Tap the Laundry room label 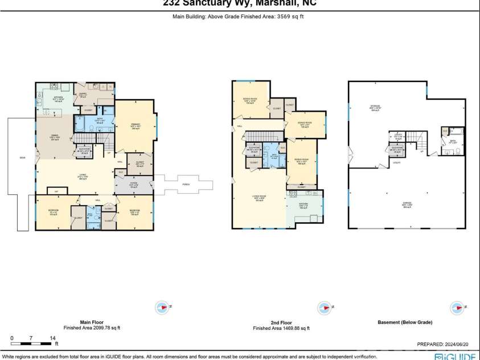pos(84,95)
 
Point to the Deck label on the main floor pos(22,157)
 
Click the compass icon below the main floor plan pos(163,308)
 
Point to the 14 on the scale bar pos(52,338)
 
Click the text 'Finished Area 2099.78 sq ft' pos(92,328)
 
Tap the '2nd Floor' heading pos(281,322)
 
